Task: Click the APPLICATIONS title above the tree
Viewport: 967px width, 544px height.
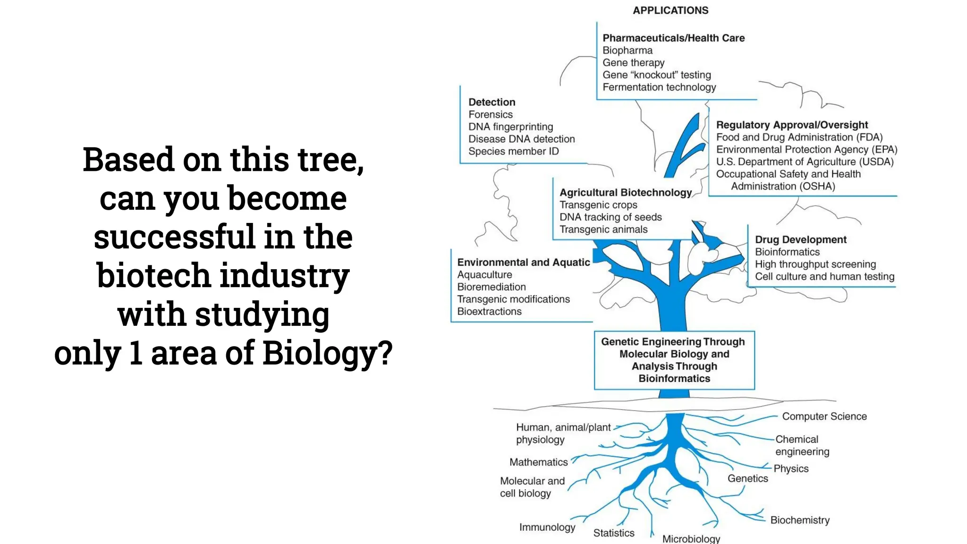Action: pos(670,10)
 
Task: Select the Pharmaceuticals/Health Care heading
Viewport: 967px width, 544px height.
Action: pos(673,38)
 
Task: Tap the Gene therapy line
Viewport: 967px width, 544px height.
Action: pos(633,63)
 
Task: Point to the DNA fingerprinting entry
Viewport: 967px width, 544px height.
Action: pos(510,127)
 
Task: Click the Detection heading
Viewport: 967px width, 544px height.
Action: pos(492,102)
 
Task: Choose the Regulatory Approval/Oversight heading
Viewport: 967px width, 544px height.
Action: pos(792,125)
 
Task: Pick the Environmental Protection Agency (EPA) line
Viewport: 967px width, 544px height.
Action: pos(806,150)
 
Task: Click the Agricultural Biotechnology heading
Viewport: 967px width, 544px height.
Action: pos(626,193)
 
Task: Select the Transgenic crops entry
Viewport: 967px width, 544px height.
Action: pos(598,205)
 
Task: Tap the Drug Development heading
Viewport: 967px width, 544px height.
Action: pos(800,240)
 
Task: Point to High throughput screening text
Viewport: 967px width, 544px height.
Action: pos(815,264)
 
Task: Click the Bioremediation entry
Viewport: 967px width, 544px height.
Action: pos(491,287)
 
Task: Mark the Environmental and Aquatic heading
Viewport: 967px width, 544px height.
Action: pos(523,263)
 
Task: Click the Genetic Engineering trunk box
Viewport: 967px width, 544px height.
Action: pos(674,360)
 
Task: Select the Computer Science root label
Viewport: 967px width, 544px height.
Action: pos(824,416)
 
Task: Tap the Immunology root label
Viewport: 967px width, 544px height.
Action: pos(547,527)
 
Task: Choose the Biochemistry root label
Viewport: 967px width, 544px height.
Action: pos(800,520)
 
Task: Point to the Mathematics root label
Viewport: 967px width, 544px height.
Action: pos(538,462)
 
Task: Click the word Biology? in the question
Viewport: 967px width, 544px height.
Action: pos(327,353)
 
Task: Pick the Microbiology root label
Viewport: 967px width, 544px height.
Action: pos(691,539)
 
